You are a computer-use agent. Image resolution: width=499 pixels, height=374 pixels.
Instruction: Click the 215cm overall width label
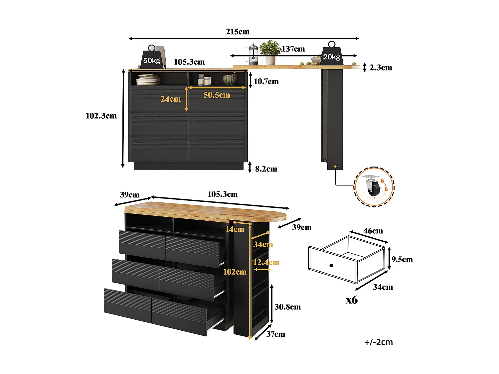tap(238, 32)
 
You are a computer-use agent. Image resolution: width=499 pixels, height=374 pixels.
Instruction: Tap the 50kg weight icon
tap(152, 59)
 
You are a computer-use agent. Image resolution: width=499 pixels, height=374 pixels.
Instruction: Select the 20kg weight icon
tap(332, 55)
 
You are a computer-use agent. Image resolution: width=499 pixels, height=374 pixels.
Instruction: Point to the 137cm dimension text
tap(293, 49)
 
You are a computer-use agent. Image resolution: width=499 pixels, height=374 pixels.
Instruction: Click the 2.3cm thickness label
tap(381, 67)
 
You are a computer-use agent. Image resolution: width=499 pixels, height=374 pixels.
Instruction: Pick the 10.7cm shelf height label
tap(266, 81)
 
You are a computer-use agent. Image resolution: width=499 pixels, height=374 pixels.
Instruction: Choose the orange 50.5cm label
tap(217, 95)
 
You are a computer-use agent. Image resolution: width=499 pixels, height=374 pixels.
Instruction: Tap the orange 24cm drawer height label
tap(170, 99)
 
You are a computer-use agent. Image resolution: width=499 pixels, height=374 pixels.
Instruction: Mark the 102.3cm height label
tap(101, 116)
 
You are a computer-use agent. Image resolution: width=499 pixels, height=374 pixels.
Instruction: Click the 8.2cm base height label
tap(266, 169)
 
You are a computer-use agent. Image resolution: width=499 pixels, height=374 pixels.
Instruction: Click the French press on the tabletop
tap(252, 55)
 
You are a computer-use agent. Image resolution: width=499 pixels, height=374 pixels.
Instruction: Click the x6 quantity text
tap(351, 300)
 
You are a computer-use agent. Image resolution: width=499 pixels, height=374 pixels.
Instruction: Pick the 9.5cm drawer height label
tap(402, 259)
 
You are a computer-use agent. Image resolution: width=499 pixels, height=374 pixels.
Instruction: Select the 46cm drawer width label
tap(373, 231)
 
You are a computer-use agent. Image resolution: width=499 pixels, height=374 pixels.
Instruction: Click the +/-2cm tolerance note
tap(379, 342)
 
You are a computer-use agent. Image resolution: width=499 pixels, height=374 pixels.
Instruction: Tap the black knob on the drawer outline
tap(331, 265)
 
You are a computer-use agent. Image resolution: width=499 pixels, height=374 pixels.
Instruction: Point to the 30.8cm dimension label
tap(287, 307)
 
